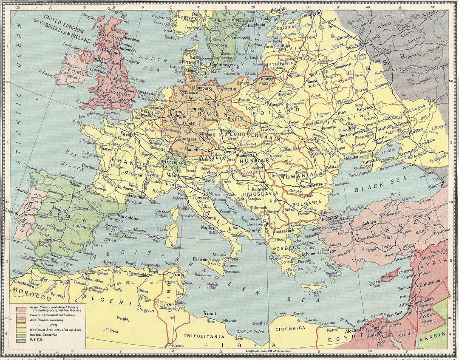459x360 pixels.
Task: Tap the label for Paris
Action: tap(127, 133)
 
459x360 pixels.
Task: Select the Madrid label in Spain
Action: tap(59, 210)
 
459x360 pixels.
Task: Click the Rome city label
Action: tap(211, 218)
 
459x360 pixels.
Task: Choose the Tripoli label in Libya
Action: tap(209, 313)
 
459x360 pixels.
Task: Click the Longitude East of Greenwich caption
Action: tap(266, 351)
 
